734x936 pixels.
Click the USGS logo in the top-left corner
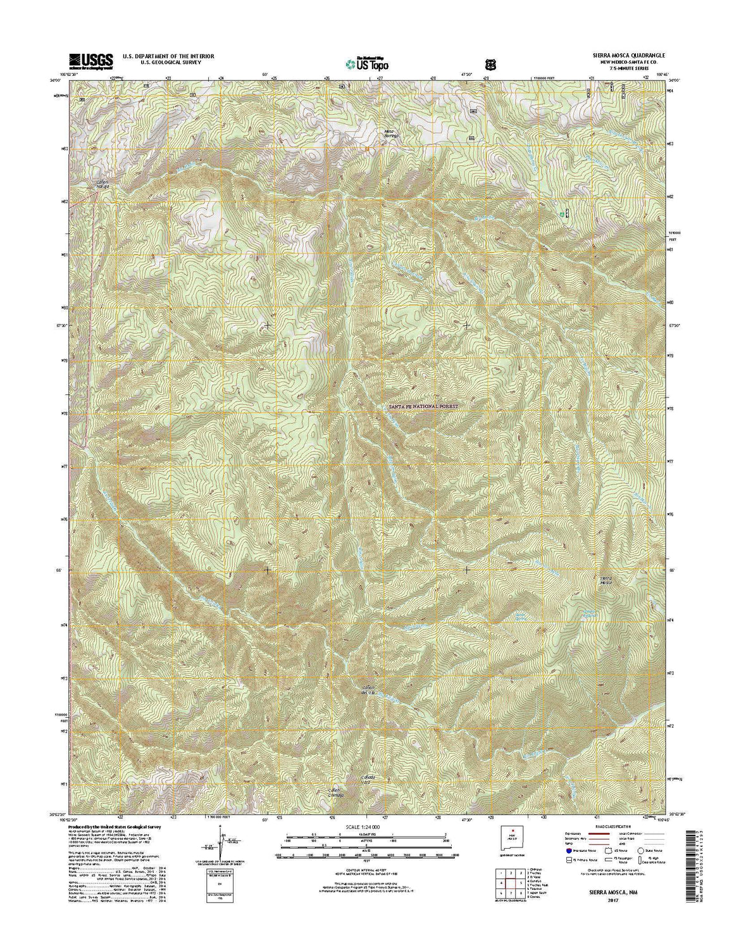tap(91, 60)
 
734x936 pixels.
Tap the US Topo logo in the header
tap(367, 63)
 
